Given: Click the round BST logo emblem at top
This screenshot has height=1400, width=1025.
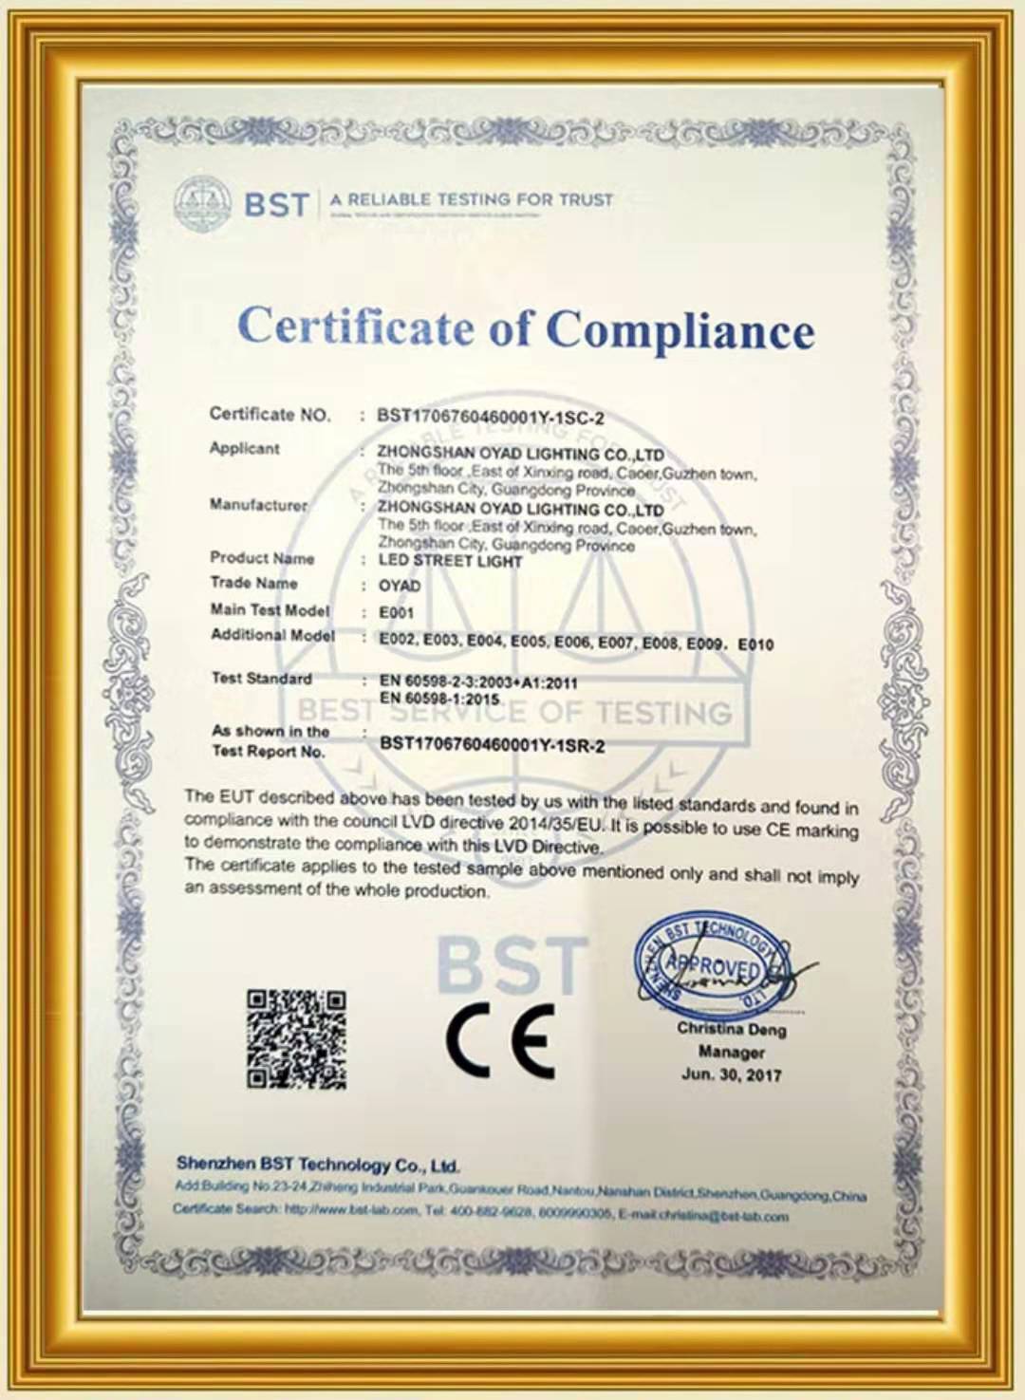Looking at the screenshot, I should click(x=202, y=203).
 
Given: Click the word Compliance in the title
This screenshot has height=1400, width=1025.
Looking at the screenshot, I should click(x=680, y=331).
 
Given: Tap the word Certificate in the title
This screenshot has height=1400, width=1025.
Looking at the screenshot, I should click(x=355, y=327).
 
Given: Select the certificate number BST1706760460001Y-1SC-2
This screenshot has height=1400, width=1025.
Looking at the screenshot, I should click(x=490, y=417).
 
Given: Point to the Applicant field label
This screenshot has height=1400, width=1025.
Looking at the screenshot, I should click(x=244, y=448).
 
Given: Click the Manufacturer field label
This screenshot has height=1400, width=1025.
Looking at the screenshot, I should click(x=258, y=504).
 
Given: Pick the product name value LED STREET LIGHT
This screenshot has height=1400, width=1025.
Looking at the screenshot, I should click(x=450, y=561).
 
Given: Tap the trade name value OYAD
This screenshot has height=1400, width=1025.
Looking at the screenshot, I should click(x=399, y=586).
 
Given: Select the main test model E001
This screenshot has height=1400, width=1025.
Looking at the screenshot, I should click(x=396, y=612).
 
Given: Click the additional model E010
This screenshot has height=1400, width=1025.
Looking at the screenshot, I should click(x=755, y=644).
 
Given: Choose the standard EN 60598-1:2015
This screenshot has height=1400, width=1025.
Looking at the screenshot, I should click(x=438, y=699).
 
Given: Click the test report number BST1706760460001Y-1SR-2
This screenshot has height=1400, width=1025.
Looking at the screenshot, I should click(x=492, y=745).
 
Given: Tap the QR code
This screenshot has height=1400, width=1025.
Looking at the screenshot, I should click(x=296, y=1038).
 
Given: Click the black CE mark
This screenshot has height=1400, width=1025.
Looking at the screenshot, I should click(x=500, y=1039).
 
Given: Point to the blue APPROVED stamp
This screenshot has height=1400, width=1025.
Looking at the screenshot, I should click(x=712, y=966).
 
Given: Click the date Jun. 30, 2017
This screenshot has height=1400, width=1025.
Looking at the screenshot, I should click(x=731, y=1074).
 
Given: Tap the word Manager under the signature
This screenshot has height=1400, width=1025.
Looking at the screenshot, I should click(x=731, y=1052).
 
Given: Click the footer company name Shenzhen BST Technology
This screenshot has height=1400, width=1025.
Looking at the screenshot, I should click(x=317, y=1165).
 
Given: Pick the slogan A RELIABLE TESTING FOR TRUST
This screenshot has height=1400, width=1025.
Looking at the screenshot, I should click(x=471, y=200).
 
